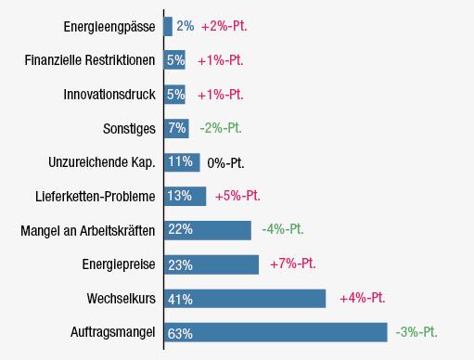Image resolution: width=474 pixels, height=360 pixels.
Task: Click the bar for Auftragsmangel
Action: (275, 332)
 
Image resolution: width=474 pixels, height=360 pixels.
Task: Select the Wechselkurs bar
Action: (245, 299)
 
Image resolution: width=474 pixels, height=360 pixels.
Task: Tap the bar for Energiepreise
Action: (211, 264)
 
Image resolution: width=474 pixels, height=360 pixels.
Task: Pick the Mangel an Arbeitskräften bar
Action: (208, 230)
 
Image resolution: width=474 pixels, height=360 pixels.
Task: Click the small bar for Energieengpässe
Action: (168, 26)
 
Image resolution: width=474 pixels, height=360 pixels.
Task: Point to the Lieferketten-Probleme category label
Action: (96, 197)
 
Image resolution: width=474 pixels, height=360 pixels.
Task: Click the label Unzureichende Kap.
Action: (102, 162)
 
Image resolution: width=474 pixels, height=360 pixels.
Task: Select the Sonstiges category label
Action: (129, 129)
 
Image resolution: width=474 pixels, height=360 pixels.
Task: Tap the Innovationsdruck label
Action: (109, 95)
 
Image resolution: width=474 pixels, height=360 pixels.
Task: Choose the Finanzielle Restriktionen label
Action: (90, 60)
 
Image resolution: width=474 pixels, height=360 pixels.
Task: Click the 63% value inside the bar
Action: (180, 334)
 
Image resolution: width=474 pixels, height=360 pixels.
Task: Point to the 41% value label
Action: (180, 300)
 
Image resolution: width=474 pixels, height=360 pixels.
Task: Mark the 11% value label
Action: (180, 161)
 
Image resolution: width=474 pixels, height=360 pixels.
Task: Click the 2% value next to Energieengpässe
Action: (186, 26)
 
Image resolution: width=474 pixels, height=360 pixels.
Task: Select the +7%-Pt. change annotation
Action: (293, 264)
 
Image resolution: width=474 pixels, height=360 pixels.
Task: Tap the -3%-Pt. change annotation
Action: (416, 332)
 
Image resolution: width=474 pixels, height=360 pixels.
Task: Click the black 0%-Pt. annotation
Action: (225, 162)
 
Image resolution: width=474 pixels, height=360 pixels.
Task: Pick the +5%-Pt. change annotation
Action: (237, 196)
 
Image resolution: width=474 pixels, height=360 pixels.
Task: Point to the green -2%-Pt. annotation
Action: (221, 128)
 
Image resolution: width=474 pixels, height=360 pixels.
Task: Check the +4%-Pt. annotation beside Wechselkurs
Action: (363, 298)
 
